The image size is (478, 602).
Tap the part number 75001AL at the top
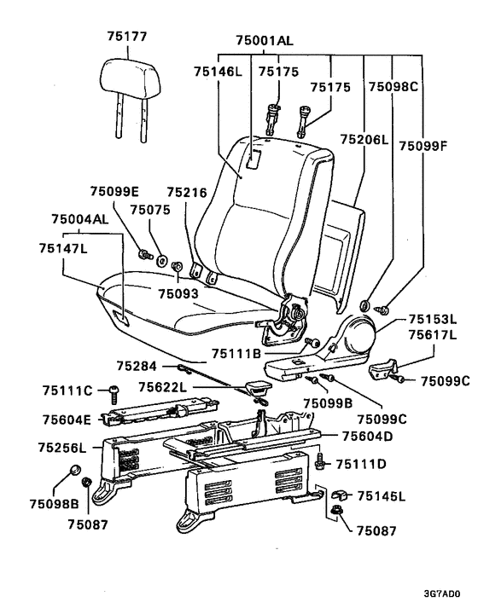coord(265,40)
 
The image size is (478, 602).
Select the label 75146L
coord(218,72)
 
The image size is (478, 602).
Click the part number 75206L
coord(364,139)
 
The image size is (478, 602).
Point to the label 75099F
coord(423,146)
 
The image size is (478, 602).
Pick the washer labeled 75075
coord(161,261)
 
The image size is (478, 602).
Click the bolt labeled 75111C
coord(114,394)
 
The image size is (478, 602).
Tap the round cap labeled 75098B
coord(74,469)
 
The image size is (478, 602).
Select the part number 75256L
coord(62,448)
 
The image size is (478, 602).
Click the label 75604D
coord(367,437)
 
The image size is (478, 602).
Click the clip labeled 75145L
coord(339,495)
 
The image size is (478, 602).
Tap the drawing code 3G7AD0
coord(442,594)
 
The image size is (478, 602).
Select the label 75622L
coord(163,387)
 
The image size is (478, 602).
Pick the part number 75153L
coord(433,319)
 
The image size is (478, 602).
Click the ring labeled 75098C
coord(364,305)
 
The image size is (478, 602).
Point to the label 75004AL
coord(80,219)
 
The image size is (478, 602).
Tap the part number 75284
coord(137,367)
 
